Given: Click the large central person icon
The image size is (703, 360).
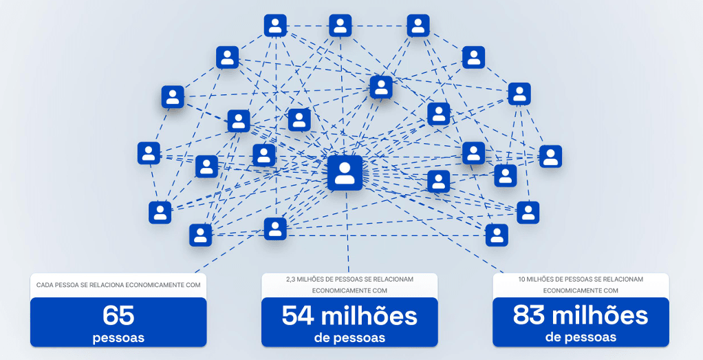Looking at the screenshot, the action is (345, 173).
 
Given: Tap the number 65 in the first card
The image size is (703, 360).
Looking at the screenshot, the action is (118, 315).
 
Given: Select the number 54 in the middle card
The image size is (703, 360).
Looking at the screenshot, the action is (298, 315).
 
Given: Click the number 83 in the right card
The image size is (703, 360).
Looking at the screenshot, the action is (529, 315).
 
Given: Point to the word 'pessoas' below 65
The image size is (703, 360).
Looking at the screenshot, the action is (118, 337).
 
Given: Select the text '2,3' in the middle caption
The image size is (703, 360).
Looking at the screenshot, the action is (290, 279).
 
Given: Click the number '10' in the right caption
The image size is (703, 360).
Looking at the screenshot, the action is (522, 279).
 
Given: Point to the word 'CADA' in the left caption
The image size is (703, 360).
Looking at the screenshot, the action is (44, 285).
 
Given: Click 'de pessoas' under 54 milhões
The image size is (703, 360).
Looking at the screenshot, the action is (349, 337).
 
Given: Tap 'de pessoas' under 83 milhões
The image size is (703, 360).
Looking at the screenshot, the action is (581, 337).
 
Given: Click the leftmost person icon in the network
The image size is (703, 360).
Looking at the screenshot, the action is (149, 153).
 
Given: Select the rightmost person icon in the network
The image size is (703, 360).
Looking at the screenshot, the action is (550, 156).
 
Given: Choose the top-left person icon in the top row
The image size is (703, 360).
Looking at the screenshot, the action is (275, 25).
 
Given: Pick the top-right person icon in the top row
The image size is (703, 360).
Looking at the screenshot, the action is (418, 25).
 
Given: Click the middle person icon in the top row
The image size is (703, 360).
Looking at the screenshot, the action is (340, 25).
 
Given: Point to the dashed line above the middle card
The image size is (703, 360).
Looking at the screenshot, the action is (347, 231).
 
